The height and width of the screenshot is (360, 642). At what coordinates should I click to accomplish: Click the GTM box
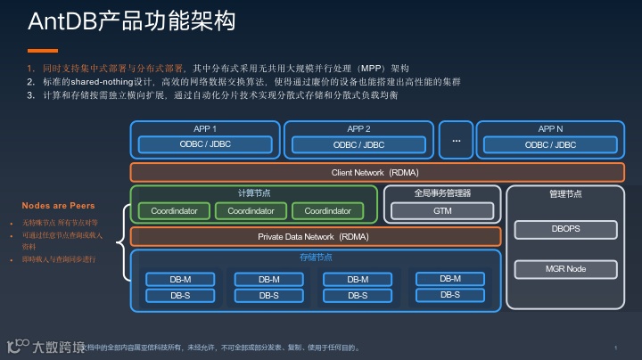tap(443, 211)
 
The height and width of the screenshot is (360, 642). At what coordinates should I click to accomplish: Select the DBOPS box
tap(565, 229)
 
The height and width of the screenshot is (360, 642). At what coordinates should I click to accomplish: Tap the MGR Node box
tap(565, 268)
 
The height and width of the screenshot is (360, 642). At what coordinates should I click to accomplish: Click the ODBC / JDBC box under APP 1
tap(205, 144)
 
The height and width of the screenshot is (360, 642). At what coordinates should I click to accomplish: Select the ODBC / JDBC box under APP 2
tap(358, 144)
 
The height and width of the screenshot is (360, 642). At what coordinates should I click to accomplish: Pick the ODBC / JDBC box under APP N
tap(550, 144)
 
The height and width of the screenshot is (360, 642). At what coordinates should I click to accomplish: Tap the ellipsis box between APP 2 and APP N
tap(456, 139)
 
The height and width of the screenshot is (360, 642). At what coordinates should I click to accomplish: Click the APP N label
tap(550, 128)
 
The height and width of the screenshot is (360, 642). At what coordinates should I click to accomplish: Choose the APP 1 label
tap(205, 128)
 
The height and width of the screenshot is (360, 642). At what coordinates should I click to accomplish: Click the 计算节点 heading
tap(252, 192)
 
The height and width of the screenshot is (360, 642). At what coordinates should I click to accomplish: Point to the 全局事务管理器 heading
tap(442, 192)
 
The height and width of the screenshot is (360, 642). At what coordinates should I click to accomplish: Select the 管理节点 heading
tap(565, 192)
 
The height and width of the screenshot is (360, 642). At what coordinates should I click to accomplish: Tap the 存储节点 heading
tap(315, 258)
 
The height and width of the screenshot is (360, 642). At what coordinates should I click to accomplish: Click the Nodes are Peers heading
tap(58, 206)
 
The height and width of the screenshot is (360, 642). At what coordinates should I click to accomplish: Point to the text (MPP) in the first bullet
tap(370, 68)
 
